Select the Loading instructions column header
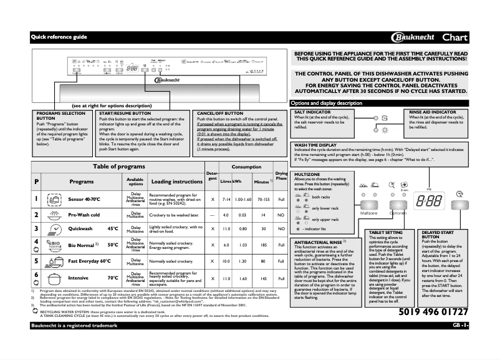(x=176, y=182)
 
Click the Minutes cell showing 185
(x=263, y=245)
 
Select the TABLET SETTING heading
(x=387, y=231)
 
